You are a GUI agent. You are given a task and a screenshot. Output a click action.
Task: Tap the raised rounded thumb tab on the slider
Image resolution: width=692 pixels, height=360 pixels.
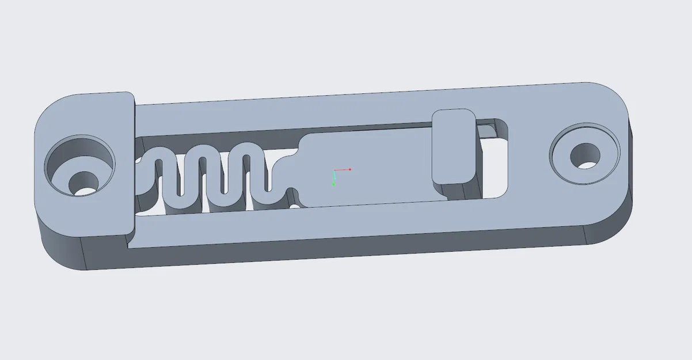(x=453, y=146)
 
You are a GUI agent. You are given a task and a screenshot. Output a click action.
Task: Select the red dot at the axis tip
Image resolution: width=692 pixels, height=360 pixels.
(x=349, y=169)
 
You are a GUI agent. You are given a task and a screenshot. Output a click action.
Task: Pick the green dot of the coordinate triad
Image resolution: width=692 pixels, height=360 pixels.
(x=334, y=184)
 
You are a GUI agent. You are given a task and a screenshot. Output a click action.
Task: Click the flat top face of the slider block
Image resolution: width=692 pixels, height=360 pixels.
(x=374, y=167)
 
